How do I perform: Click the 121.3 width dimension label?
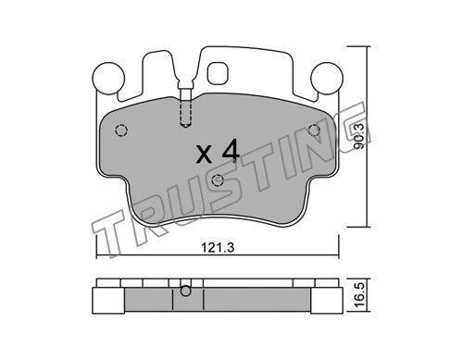pos(218,247)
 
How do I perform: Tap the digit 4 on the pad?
pos(231,151)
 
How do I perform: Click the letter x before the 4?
pos(204,155)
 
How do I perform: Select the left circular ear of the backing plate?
pos(108,78)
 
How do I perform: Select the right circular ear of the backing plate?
pos(327,78)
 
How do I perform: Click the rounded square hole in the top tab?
pos(219,73)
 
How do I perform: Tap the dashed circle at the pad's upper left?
pos(121,130)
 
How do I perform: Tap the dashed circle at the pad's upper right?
pos(314,130)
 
